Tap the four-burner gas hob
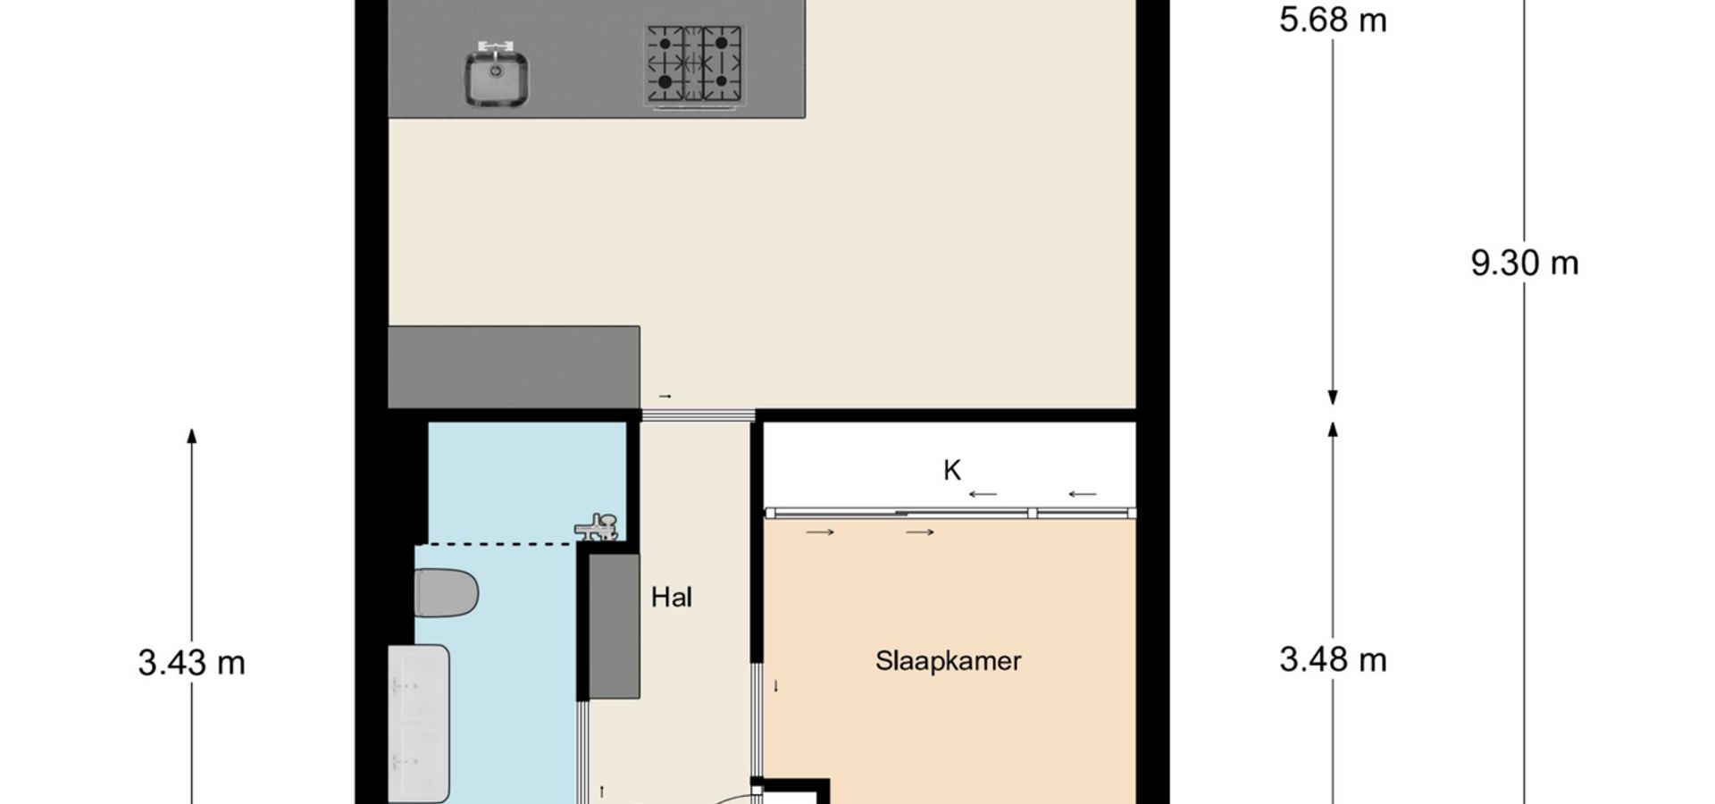tap(694, 65)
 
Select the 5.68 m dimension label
tap(1333, 20)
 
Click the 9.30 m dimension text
tap(1525, 263)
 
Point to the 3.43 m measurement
tap(191, 663)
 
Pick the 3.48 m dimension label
tap(1333, 660)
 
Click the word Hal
tap(671, 597)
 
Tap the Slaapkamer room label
tap(948, 661)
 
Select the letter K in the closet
tap(952, 470)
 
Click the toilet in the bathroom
tap(446, 592)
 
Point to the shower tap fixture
tap(596, 527)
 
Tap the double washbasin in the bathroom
tap(418, 723)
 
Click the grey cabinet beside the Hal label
tap(614, 626)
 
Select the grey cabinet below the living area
tap(514, 367)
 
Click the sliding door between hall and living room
tap(698, 415)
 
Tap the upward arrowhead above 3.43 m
tap(191, 436)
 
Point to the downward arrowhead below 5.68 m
tap(1333, 398)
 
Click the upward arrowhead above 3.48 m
tap(1333, 430)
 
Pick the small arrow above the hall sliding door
tap(665, 396)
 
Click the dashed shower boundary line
tap(498, 543)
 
